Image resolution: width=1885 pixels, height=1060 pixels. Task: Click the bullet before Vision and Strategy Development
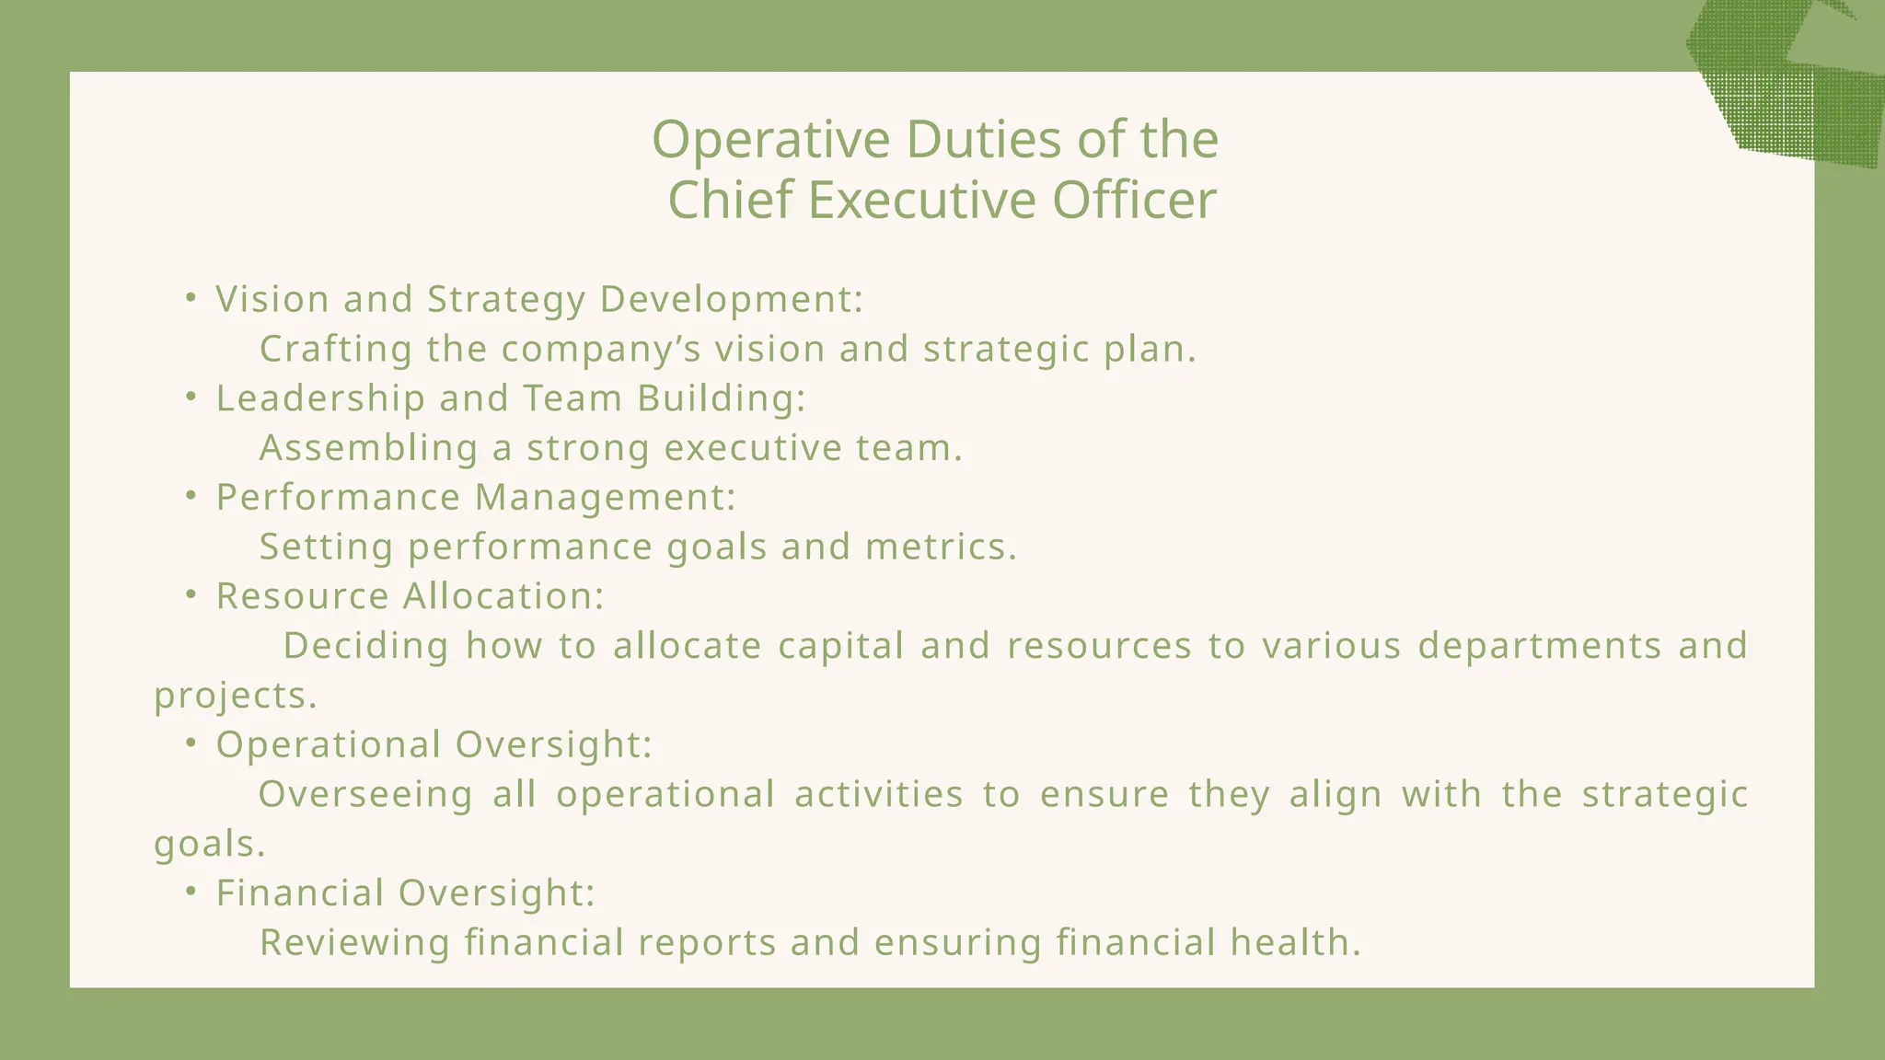[x=191, y=297]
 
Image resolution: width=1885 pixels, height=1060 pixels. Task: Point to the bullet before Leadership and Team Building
[x=191, y=397]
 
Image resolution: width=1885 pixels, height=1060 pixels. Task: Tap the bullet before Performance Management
[x=191, y=496]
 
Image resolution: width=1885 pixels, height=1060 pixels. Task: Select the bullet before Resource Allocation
[x=191, y=595]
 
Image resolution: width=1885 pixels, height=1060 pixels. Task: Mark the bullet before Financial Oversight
[x=191, y=892]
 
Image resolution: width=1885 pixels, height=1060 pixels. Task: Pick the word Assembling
[x=368, y=449]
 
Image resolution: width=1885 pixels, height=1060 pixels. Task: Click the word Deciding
[x=366, y=646]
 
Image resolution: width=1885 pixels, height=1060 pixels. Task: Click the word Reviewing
[x=354, y=943]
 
